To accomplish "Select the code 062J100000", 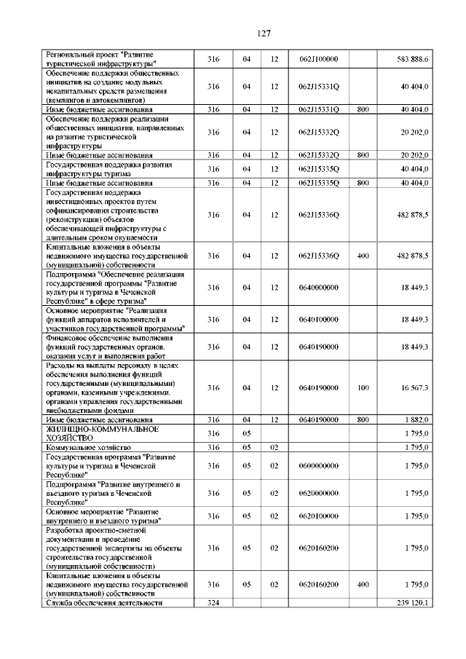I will click(x=320, y=59).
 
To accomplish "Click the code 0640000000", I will click(x=320, y=288).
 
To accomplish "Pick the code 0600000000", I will click(x=320, y=465).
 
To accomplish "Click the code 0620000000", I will click(x=320, y=493).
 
